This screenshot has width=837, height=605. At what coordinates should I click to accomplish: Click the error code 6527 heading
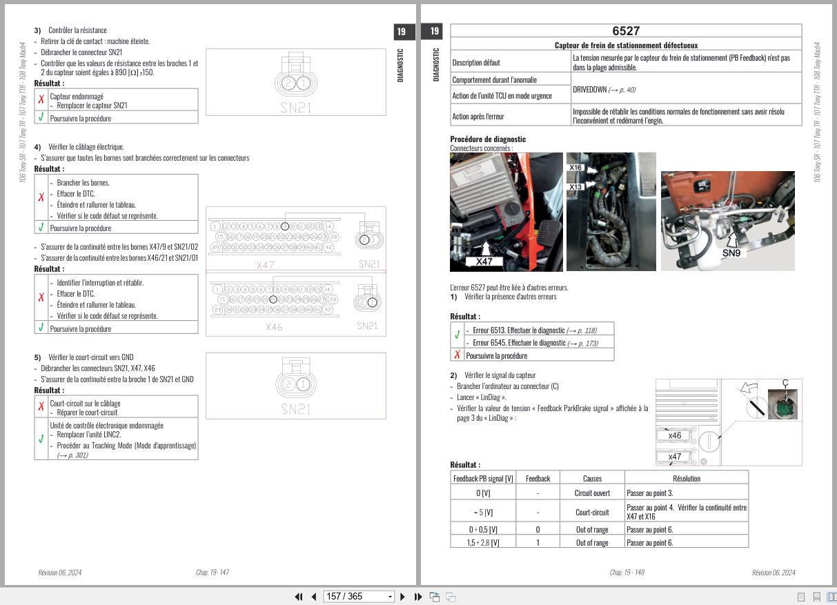625,31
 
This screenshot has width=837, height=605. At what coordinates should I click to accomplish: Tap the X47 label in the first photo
484,261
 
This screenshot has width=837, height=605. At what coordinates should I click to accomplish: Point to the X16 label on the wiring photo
575,168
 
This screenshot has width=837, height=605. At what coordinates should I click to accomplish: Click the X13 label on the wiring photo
575,187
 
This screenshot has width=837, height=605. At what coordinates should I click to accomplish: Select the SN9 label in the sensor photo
731,253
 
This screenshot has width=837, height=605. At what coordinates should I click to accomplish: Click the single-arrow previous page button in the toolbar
314,596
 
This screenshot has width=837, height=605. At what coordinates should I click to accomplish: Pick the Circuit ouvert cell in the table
592,493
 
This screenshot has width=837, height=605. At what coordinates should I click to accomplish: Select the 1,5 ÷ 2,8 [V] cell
483,543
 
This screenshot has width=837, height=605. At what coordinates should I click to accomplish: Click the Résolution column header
686,478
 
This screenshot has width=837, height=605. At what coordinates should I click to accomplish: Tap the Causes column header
592,478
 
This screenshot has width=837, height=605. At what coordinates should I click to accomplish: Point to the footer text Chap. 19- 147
213,573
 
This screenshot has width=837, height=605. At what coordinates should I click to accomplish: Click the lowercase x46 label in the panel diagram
674,435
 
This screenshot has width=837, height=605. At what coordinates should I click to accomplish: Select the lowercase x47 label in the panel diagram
674,456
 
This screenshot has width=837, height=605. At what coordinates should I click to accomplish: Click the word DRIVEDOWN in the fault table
589,90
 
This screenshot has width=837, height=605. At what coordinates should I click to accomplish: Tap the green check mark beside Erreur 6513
457,335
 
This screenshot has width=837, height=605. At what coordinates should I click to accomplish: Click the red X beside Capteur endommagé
41,100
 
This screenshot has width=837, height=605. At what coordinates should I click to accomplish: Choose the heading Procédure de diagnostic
488,139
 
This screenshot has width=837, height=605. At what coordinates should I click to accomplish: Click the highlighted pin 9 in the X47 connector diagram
285,226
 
